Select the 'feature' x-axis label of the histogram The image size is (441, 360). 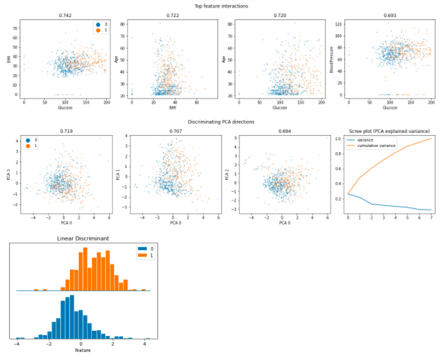(82, 349)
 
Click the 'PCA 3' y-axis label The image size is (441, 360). (6, 174)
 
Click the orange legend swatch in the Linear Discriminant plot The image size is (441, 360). (140, 255)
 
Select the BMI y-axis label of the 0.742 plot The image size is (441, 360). (8, 58)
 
